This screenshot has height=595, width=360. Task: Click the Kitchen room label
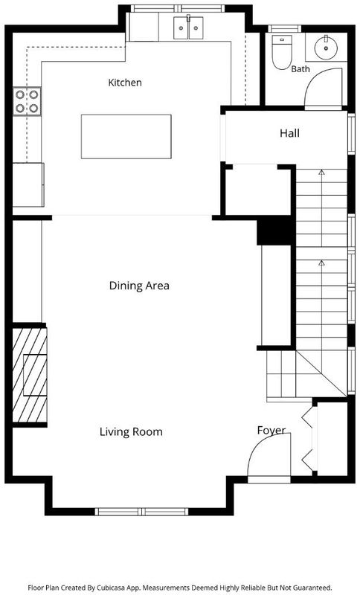point(125,83)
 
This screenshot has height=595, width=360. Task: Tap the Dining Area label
point(139,286)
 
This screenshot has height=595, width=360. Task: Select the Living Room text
point(131,431)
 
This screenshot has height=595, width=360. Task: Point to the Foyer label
point(271,431)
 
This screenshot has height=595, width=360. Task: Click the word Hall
point(290,133)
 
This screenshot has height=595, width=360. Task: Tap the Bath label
point(300,69)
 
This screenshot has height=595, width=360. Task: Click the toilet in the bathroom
point(282,52)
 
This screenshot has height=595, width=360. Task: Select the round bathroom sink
point(326,48)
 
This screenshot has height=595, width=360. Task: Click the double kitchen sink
point(188,28)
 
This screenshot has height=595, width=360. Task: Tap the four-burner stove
point(27,101)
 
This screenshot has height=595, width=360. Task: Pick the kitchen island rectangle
point(126,137)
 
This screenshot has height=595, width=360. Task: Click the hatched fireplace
point(30,375)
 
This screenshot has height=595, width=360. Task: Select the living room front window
point(141,512)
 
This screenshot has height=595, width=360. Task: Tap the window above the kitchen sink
point(178,8)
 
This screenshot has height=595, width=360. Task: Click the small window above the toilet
point(285,28)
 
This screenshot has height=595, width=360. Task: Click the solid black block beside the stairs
point(276,230)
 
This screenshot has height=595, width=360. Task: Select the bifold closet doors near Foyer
point(308,439)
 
